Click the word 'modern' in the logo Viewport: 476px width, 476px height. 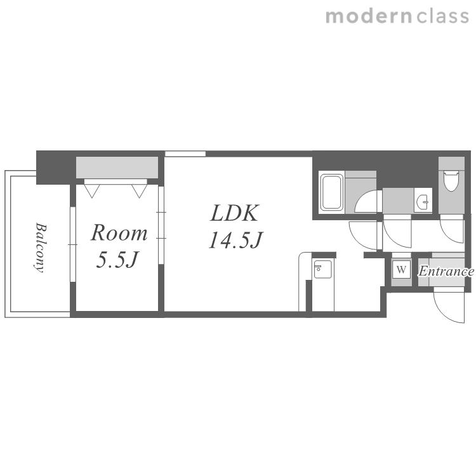369,16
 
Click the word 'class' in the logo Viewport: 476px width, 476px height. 443,16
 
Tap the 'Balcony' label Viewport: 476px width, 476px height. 41,248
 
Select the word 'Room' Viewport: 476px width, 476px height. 119,233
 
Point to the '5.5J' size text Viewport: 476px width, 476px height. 117,260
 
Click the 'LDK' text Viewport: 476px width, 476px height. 235,213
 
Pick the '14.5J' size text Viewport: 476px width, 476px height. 235,240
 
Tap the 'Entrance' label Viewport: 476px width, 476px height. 446,271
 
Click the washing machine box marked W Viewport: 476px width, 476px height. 401,269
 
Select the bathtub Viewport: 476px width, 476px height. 331,192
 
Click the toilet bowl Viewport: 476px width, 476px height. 451,181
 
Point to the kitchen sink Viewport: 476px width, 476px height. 322,269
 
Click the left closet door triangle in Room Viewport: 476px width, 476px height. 91,191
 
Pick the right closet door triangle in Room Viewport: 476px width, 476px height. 140,191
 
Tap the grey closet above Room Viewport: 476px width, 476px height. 117,168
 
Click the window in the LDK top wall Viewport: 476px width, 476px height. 185,154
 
